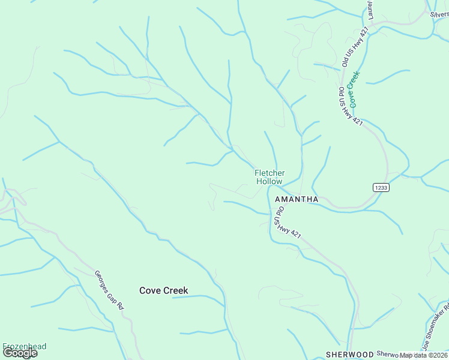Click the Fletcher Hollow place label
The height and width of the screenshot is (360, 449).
[x=270, y=177]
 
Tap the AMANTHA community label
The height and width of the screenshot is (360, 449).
[x=296, y=199]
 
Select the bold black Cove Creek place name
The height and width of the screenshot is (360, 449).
[x=163, y=290]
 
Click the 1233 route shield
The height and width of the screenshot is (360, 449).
[x=381, y=187]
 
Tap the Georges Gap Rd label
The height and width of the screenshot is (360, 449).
[x=109, y=290]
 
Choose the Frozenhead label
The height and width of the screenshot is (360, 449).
[x=24, y=347]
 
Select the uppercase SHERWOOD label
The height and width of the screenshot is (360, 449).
[x=349, y=355]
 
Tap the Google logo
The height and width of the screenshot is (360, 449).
[x=20, y=353]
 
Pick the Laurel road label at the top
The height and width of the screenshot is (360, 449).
[x=371, y=10]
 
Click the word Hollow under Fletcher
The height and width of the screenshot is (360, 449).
[x=270, y=181]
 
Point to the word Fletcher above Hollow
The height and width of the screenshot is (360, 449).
[x=270, y=173]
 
